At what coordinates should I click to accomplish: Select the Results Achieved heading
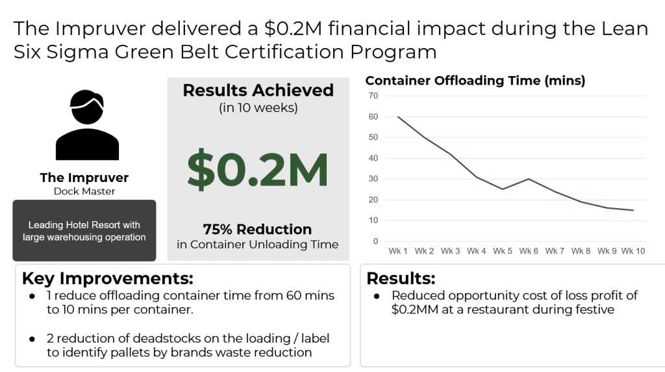258,90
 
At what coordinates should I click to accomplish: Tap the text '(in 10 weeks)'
258,108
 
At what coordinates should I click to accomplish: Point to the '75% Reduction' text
258,229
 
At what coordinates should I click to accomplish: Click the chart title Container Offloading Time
475,81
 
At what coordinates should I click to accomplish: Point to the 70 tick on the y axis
373,96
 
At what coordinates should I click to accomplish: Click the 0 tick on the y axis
375,241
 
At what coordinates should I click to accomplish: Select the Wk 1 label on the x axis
397,251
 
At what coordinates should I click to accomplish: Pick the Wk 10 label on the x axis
633,251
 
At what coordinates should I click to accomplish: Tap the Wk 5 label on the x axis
502,251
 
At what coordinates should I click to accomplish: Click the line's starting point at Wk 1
397,116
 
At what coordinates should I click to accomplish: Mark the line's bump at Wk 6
529,179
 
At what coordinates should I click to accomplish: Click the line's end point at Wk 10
633,210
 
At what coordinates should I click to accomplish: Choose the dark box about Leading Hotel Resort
84,231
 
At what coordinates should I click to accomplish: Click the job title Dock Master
84,191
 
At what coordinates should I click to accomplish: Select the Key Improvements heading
107,278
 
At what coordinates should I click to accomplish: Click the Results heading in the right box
401,278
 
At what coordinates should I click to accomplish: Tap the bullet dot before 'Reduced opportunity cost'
377,296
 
